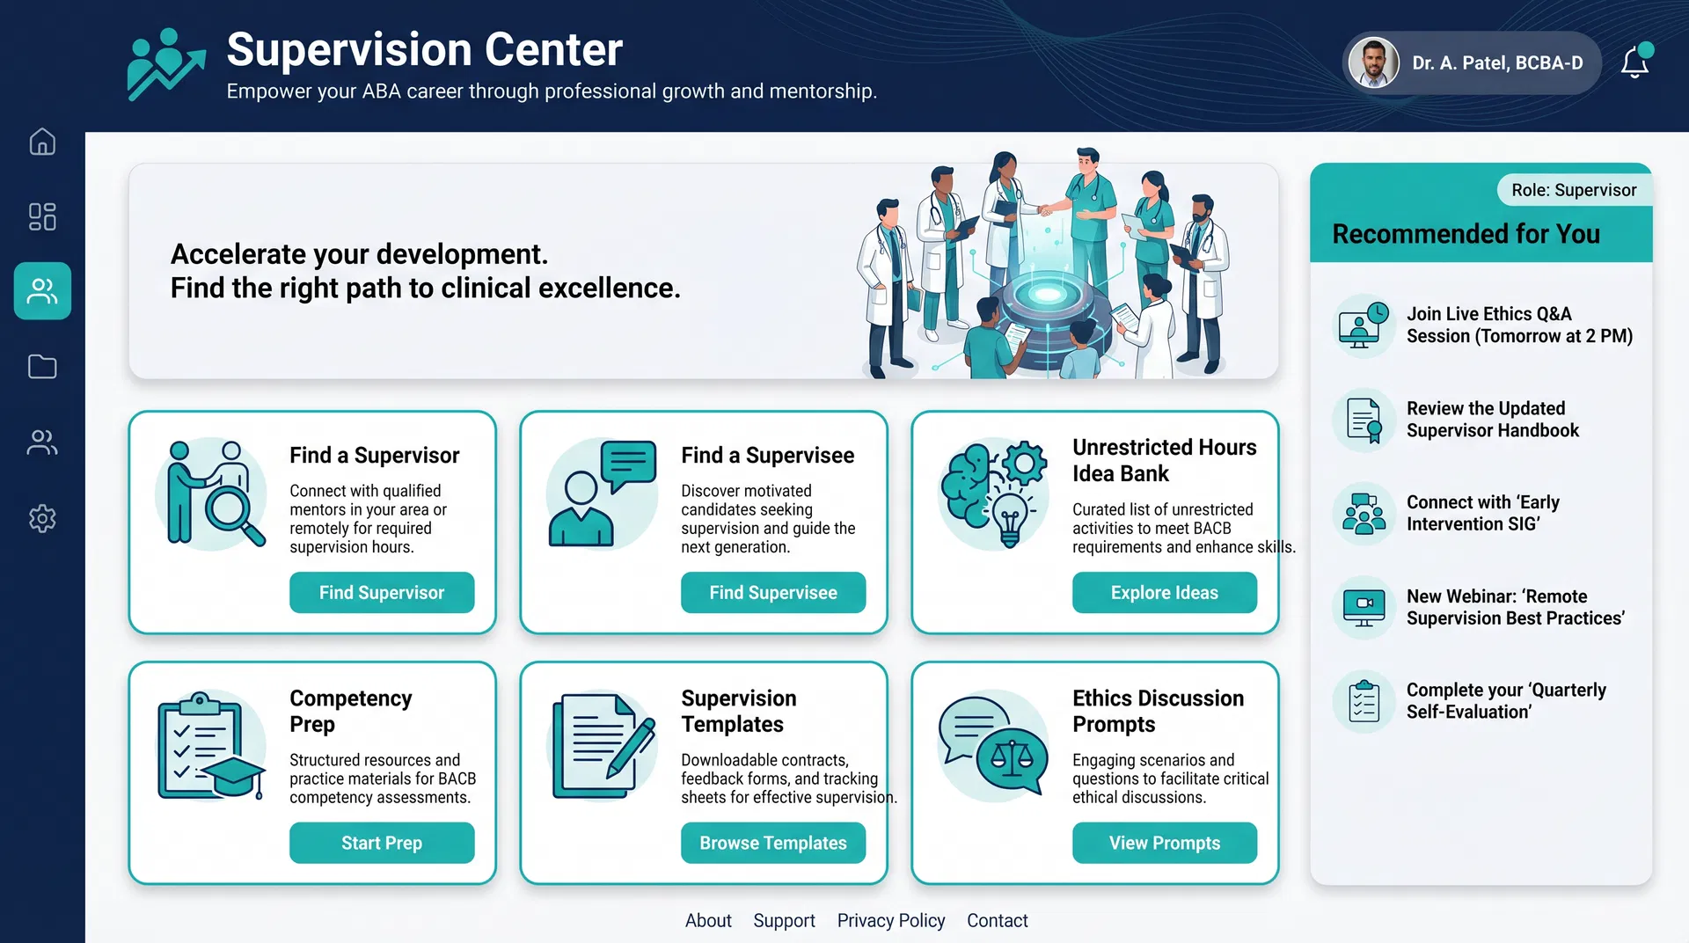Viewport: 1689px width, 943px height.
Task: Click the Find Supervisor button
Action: pos(382,592)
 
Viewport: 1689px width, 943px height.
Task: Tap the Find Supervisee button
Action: pos(772,592)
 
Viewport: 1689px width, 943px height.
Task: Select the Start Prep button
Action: pos(382,843)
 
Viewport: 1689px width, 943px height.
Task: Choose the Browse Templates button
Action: pos(772,843)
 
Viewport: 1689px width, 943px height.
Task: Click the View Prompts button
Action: pos(1164,843)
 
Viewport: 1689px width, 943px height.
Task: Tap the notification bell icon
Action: pos(1635,62)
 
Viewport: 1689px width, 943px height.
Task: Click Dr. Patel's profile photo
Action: pos(1374,62)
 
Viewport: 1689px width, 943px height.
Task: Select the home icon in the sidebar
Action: pos(42,142)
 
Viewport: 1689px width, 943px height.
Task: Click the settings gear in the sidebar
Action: pos(42,518)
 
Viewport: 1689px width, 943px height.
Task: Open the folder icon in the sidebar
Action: pos(42,366)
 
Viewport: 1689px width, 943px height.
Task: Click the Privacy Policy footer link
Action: pos(890,920)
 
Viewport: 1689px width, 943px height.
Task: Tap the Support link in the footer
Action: pos(784,920)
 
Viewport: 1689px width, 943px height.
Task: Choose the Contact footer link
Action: pos(997,920)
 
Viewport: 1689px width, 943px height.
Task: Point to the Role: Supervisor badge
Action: pos(1573,190)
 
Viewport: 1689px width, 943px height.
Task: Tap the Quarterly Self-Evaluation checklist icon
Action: pos(1364,701)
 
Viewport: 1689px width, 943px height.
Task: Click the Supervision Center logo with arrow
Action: pos(165,63)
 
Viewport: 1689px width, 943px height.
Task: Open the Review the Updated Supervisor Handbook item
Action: pos(1492,420)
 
